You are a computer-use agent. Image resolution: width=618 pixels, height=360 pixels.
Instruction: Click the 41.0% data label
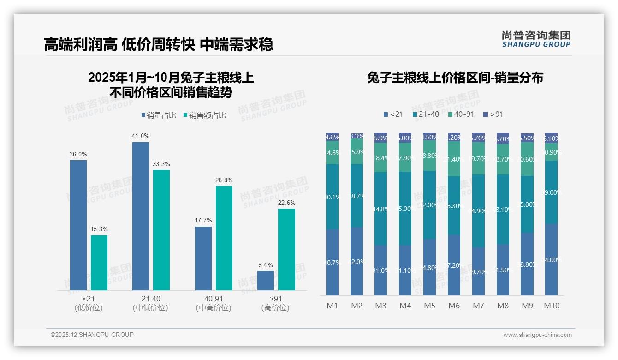tap(141, 136)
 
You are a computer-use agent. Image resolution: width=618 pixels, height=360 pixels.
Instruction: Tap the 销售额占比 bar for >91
tap(286, 249)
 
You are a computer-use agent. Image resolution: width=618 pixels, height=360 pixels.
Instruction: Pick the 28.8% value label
tap(224, 180)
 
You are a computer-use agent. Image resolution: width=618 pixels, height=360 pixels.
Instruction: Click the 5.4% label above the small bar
tap(266, 265)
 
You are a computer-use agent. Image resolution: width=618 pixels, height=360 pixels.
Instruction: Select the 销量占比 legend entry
tap(159, 115)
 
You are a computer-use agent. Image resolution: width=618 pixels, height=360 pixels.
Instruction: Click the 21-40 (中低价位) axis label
tap(150, 303)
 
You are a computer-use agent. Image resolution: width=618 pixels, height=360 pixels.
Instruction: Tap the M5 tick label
tap(429, 306)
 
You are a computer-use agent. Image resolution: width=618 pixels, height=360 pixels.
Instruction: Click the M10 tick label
tap(551, 306)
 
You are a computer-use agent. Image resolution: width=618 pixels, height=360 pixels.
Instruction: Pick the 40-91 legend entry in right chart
tap(461, 114)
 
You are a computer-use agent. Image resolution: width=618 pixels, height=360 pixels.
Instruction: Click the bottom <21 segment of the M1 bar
tap(332, 262)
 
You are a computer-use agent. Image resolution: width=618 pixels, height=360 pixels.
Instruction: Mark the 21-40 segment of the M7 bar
tap(478, 211)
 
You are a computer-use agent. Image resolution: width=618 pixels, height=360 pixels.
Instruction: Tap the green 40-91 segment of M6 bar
tap(454, 159)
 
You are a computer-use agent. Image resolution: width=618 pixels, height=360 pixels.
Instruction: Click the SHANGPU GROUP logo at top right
tap(536, 39)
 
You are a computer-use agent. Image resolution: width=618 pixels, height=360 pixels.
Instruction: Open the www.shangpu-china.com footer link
tap(537, 335)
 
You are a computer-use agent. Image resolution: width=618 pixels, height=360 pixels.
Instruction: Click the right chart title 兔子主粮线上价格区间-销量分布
tap(455, 78)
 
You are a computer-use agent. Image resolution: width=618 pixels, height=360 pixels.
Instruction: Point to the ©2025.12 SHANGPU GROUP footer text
tap(92, 335)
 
